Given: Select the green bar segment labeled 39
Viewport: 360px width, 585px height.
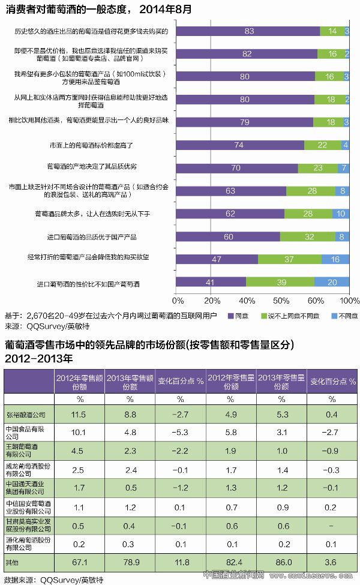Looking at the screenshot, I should click(280, 282).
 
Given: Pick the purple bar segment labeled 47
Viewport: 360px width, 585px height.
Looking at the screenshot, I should click(217, 259).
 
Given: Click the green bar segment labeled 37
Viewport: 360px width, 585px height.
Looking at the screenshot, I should click(289, 259).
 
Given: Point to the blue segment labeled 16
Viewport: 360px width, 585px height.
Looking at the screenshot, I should click(335, 259).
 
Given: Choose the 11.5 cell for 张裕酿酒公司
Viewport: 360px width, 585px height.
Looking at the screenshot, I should click(79, 415).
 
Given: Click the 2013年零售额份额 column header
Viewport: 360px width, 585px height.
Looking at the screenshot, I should click(130, 382).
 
